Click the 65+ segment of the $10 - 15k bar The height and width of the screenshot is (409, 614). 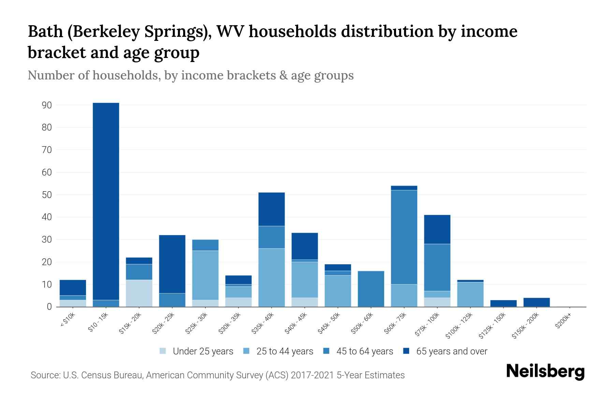click(106, 201)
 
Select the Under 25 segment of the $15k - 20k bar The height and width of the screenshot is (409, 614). click(139, 293)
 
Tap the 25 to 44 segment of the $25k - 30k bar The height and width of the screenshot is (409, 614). click(205, 275)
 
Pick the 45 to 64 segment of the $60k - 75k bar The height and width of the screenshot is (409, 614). click(404, 237)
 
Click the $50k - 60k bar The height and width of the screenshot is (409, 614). click(371, 289)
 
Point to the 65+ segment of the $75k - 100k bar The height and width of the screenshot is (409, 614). click(437, 229)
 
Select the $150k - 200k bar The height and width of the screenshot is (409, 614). click(536, 302)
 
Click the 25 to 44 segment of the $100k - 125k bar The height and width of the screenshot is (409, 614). click(470, 294)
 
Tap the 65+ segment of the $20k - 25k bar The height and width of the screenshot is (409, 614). click(172, 264)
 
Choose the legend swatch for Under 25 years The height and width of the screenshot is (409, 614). click(163, 351)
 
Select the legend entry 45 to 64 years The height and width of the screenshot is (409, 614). click(364, 351)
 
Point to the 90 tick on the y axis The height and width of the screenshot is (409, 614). click(47, 105)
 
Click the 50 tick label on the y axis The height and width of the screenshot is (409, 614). click(47, 195)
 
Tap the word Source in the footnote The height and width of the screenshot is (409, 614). click(44, 375)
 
